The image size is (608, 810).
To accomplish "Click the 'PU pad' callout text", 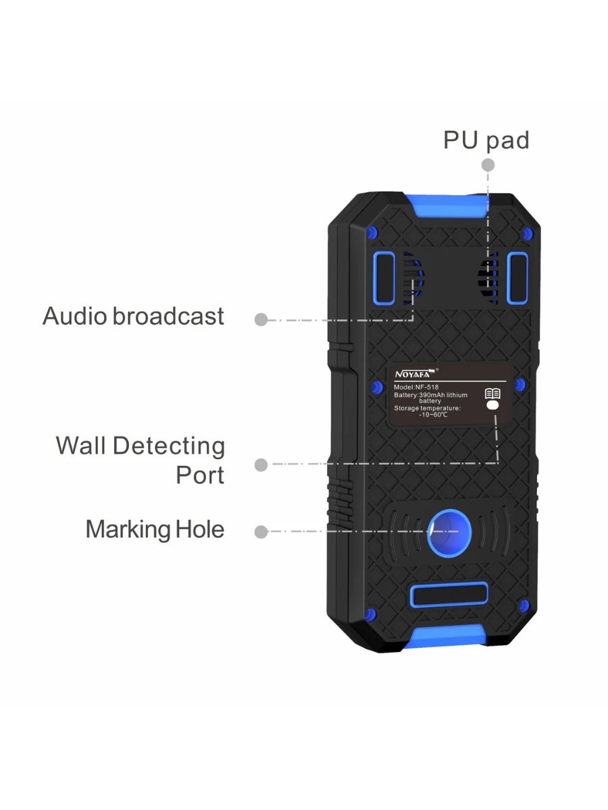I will tap(486, 140).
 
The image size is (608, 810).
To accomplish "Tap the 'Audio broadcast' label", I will tap(133, 316).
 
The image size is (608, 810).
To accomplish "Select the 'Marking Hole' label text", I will tap(155, 529).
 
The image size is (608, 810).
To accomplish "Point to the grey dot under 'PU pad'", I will tap(488, 165).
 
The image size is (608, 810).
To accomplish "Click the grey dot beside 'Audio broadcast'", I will tap(261, 319).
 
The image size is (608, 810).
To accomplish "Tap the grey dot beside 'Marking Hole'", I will tap(261, 532).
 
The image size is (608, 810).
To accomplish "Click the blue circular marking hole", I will tap(445, 532).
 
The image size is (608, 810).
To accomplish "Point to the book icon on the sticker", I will tap(492, 394).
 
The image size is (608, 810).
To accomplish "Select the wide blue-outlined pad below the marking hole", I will tap(449, 596).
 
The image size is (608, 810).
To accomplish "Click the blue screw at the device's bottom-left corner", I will tap(370, 614).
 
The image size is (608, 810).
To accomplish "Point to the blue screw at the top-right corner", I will tap(528, 234).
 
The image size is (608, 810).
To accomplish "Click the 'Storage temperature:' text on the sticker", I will tap(427, 408).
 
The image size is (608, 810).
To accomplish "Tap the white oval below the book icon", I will tap(492, 406).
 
